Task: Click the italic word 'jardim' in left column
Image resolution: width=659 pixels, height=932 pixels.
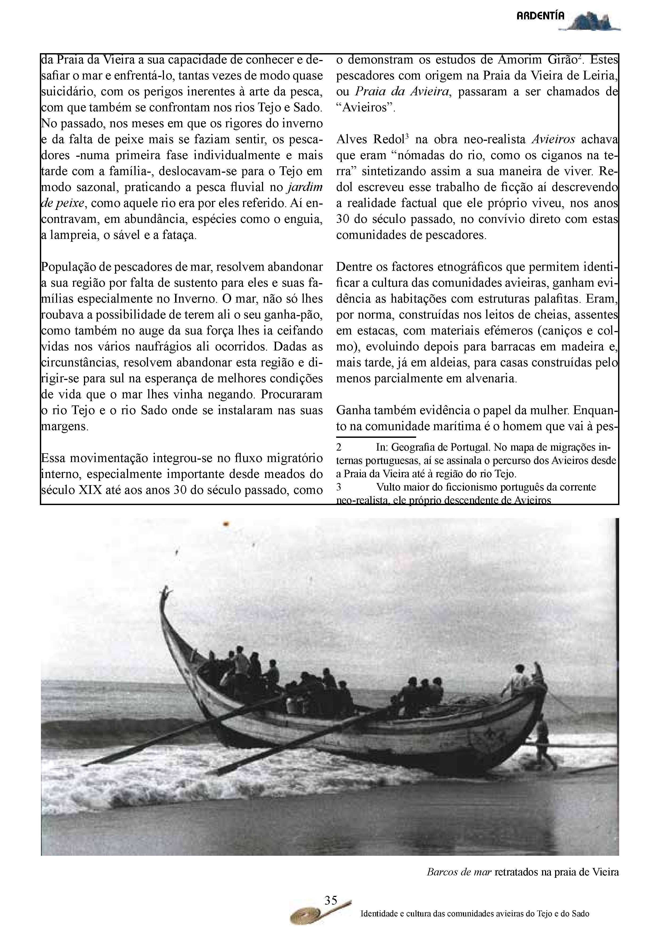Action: pos(305,187)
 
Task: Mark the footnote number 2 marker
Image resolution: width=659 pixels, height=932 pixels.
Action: pos(339,448)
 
